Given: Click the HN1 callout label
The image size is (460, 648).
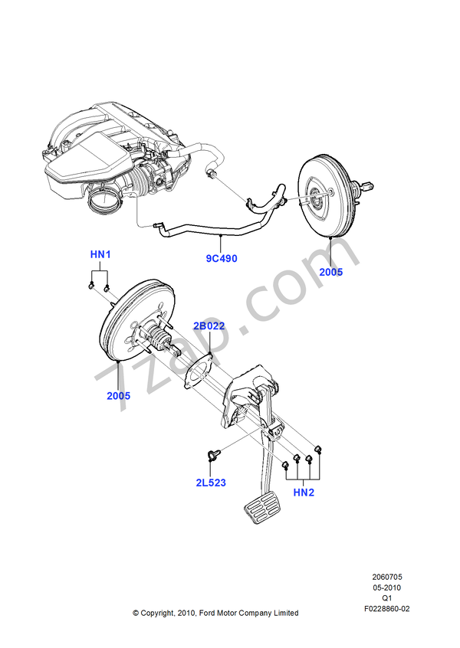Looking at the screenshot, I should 100,254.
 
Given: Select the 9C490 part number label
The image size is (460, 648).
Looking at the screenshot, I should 222,258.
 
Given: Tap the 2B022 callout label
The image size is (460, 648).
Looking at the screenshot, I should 209,326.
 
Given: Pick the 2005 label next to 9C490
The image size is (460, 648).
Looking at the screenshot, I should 331,271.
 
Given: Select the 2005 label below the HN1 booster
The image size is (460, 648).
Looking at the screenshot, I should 118,396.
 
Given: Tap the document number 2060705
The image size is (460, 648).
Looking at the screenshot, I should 387,577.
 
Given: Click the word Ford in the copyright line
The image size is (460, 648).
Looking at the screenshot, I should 209,613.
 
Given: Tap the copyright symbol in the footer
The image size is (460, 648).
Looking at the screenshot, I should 136,613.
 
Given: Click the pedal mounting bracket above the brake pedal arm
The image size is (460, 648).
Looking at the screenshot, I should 249,394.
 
